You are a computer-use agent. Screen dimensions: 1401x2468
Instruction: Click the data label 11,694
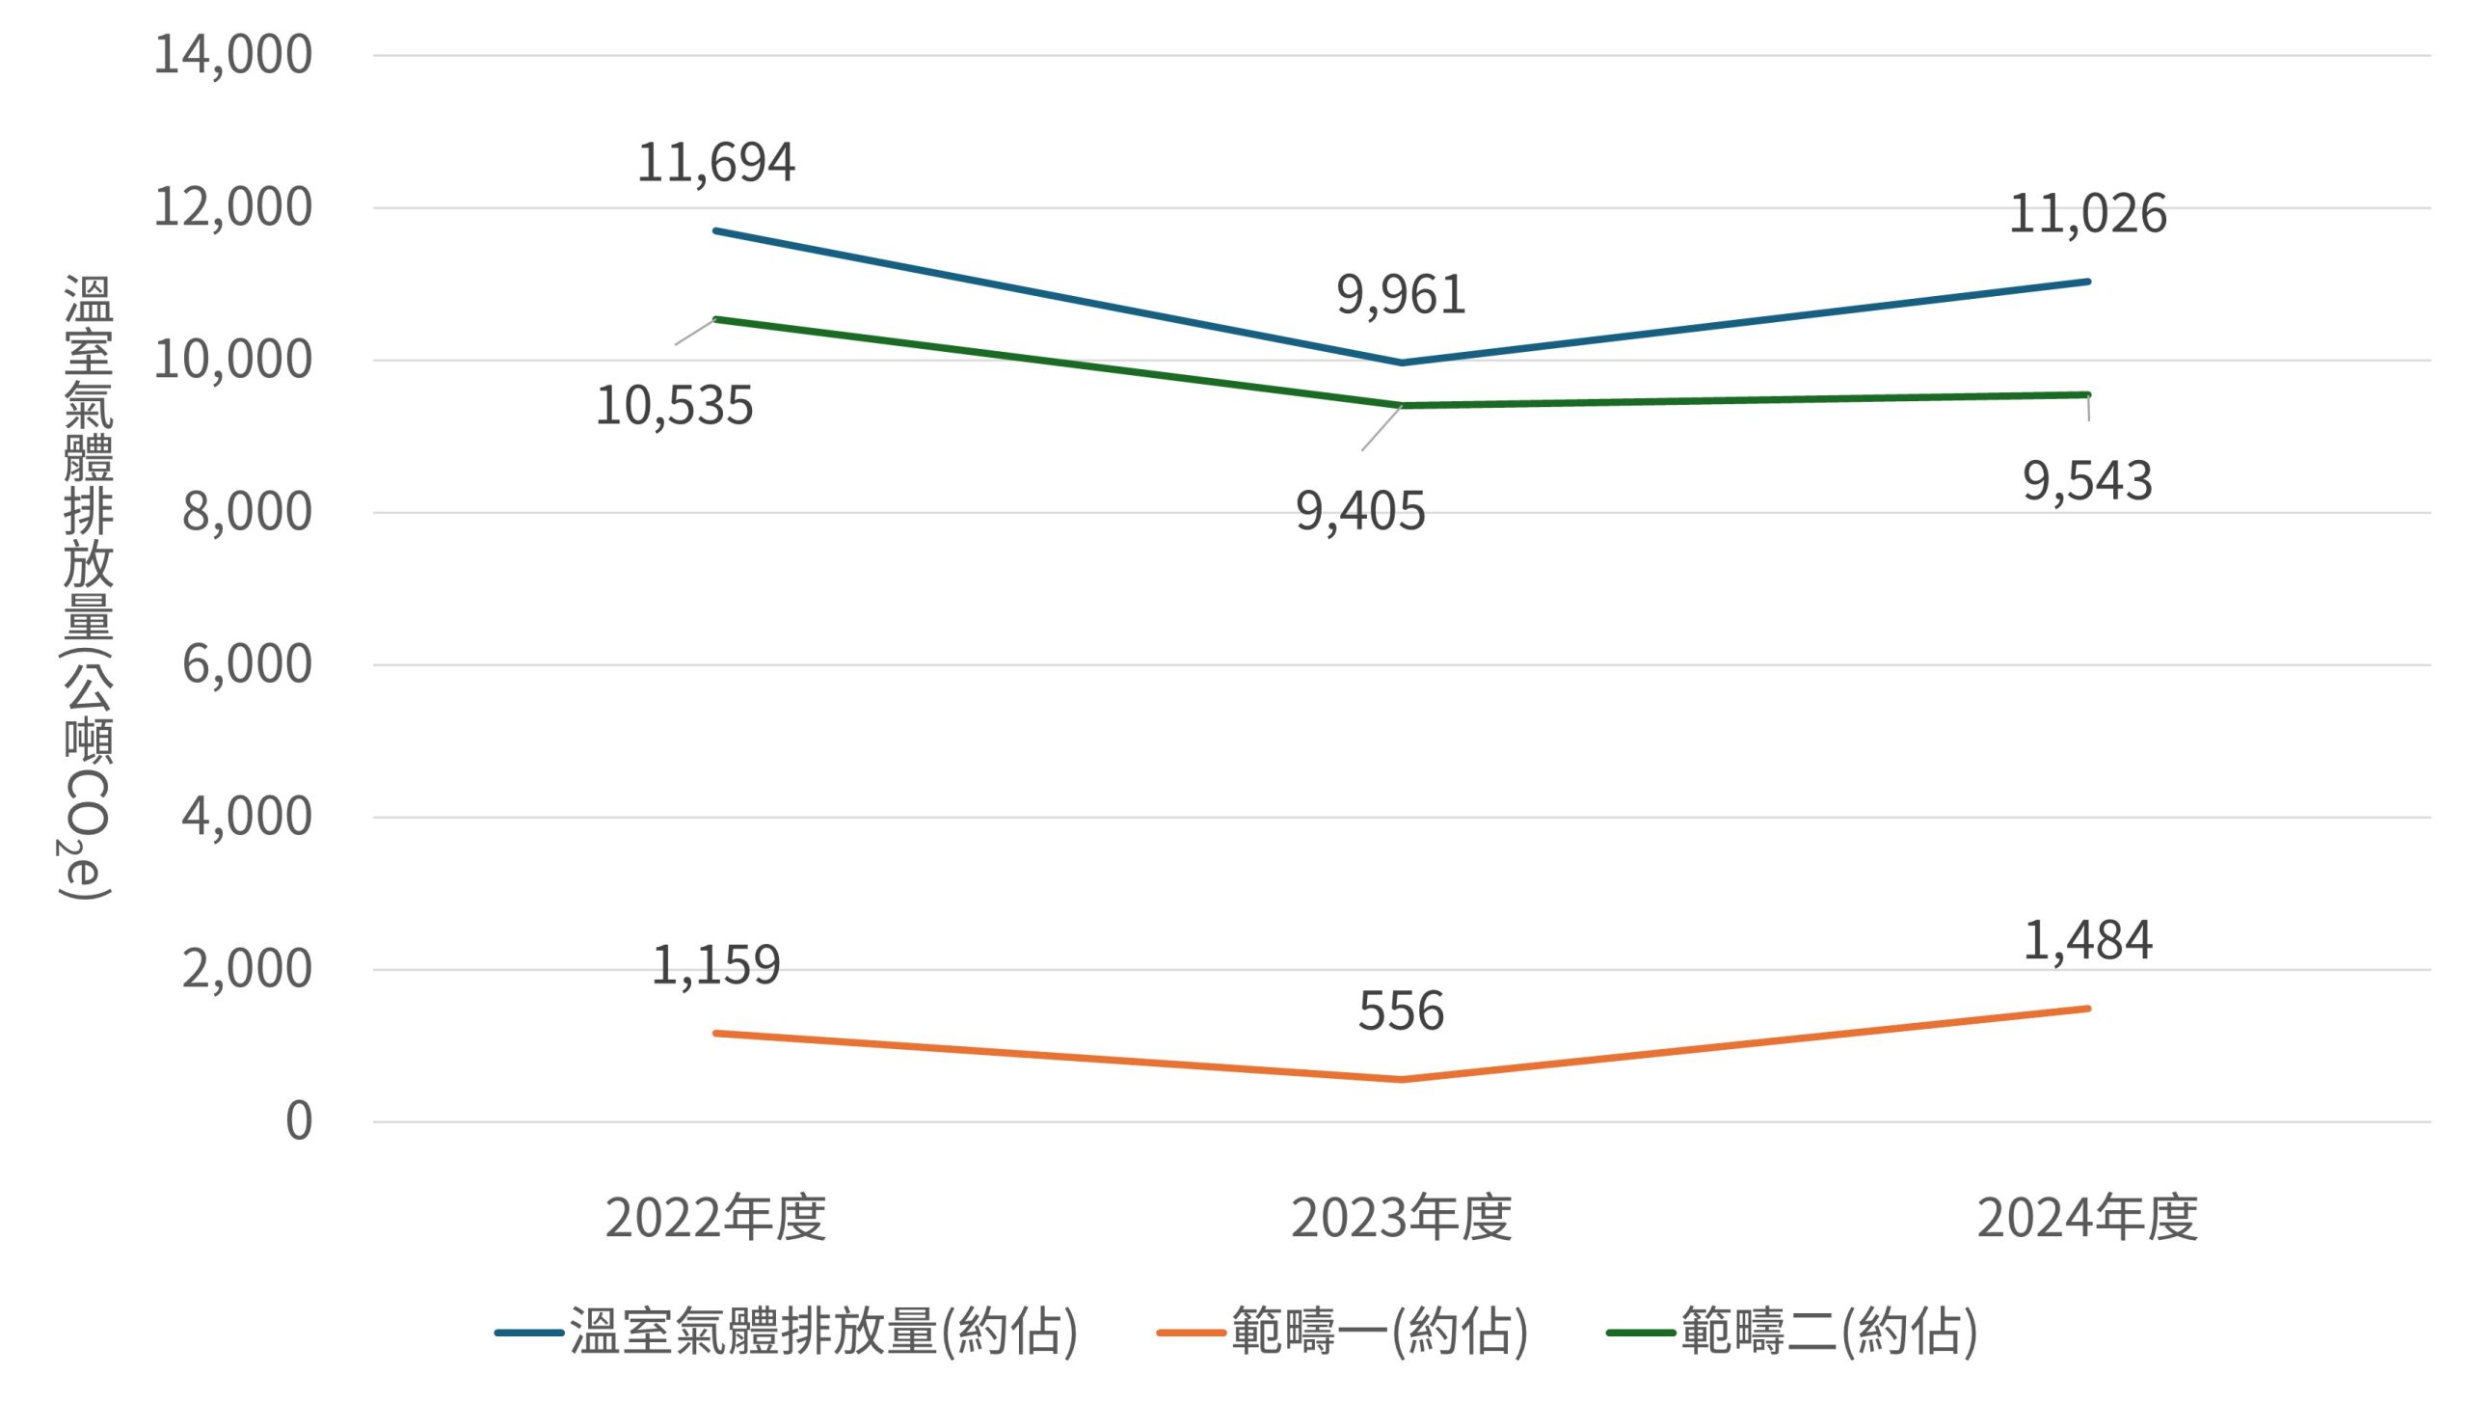click(x=716, y=162)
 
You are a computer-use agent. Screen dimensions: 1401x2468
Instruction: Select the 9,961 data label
click(x=1401, y=295)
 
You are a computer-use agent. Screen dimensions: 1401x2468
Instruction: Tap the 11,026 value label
click(x=2087, y=214)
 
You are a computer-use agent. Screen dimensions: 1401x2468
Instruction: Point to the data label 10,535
click(x=674, y=406)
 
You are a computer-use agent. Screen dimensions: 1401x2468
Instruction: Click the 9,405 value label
click(x=1359, y=511)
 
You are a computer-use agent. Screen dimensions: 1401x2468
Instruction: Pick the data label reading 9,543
click(x=2087, y=481)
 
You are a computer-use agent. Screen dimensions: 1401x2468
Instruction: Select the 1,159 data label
click(x=716, y=965)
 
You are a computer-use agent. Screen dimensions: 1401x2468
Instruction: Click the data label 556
click(x=1401, y=1011)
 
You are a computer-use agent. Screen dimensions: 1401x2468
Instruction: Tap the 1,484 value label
click(x=2087, y=941)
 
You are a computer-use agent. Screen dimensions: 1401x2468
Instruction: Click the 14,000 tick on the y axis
click(x=232, y=55)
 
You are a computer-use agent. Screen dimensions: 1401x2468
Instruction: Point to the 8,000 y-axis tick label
click(x=247, y=512)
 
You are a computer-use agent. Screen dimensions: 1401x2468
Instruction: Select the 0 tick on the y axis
click(x=299, y=1121)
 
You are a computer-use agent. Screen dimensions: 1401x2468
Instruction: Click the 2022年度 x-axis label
click(x=716, y=1218)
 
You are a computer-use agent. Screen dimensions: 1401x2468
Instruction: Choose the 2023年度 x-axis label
click(x=1401, y=1218)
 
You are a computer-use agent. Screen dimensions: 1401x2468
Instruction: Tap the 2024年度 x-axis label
click(x=2087, y=1218)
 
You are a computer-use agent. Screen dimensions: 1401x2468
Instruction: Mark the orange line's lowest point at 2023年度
click(x=1401, y=1080)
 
